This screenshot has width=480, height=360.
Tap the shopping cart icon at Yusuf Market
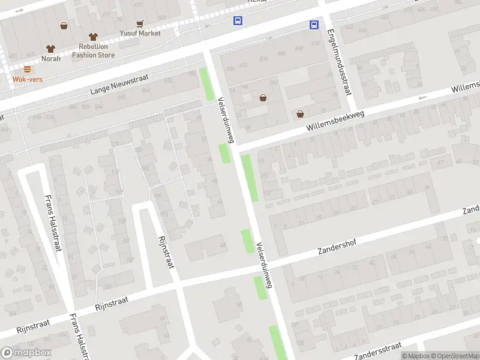[140, 24]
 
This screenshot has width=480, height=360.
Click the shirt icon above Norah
[50, 49]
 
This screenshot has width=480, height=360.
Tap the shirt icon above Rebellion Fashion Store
[92, 37]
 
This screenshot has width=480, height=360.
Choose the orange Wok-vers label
[28, 79]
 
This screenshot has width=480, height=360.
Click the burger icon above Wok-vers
[28, 69]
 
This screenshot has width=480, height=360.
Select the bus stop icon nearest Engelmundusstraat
[314, 25]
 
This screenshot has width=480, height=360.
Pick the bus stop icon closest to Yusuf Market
[238, 20]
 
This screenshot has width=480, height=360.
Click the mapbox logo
[26, 352]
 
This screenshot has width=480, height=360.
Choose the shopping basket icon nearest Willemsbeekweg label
[300, 113]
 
